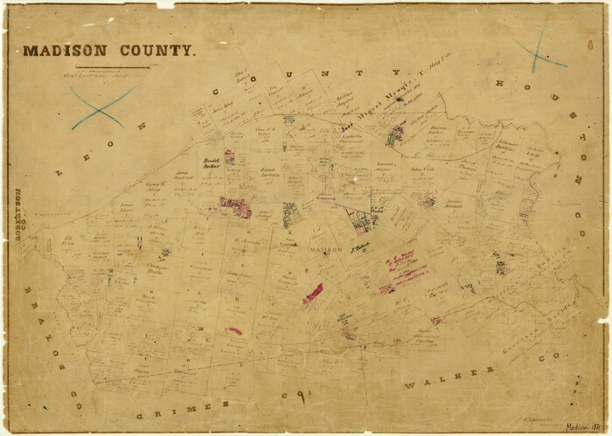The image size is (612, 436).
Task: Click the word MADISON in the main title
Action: coord(66,51)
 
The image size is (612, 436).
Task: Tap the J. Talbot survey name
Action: coord(361,250)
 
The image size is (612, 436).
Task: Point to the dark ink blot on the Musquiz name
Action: coord(400,100)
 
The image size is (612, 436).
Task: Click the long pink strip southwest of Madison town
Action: coord(312,294)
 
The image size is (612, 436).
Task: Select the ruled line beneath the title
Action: coord(113,67)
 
